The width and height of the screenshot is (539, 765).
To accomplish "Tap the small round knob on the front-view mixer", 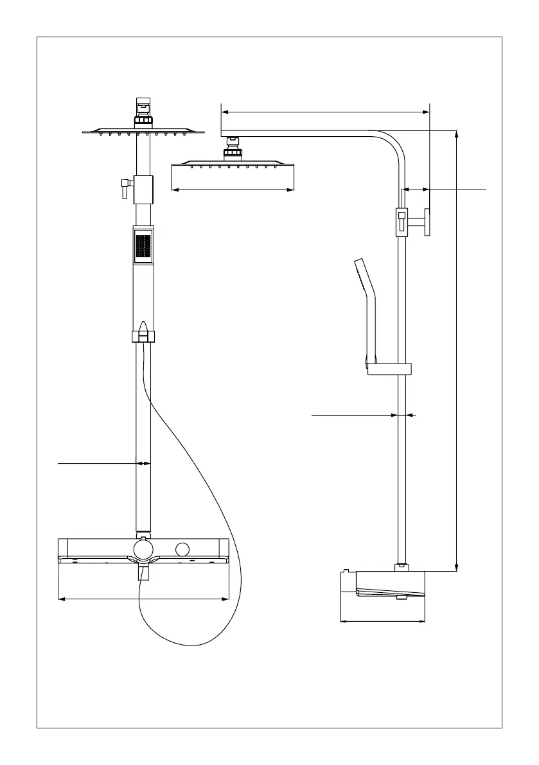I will (183, 550).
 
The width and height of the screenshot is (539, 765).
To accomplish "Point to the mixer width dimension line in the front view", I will (143, 599).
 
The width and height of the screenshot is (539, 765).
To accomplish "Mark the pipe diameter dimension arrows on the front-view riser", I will (143, 462).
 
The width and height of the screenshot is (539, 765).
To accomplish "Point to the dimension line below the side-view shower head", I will (233, 189).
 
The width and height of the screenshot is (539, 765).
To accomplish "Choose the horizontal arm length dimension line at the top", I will (325, 112).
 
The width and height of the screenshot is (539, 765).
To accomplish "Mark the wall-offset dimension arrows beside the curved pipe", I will (416, 189).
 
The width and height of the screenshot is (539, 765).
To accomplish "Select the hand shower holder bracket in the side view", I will (388, 369).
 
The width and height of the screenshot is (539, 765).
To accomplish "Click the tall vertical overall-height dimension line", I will (456, 350).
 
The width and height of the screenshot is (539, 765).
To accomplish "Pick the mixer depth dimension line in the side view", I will (382, 621).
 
